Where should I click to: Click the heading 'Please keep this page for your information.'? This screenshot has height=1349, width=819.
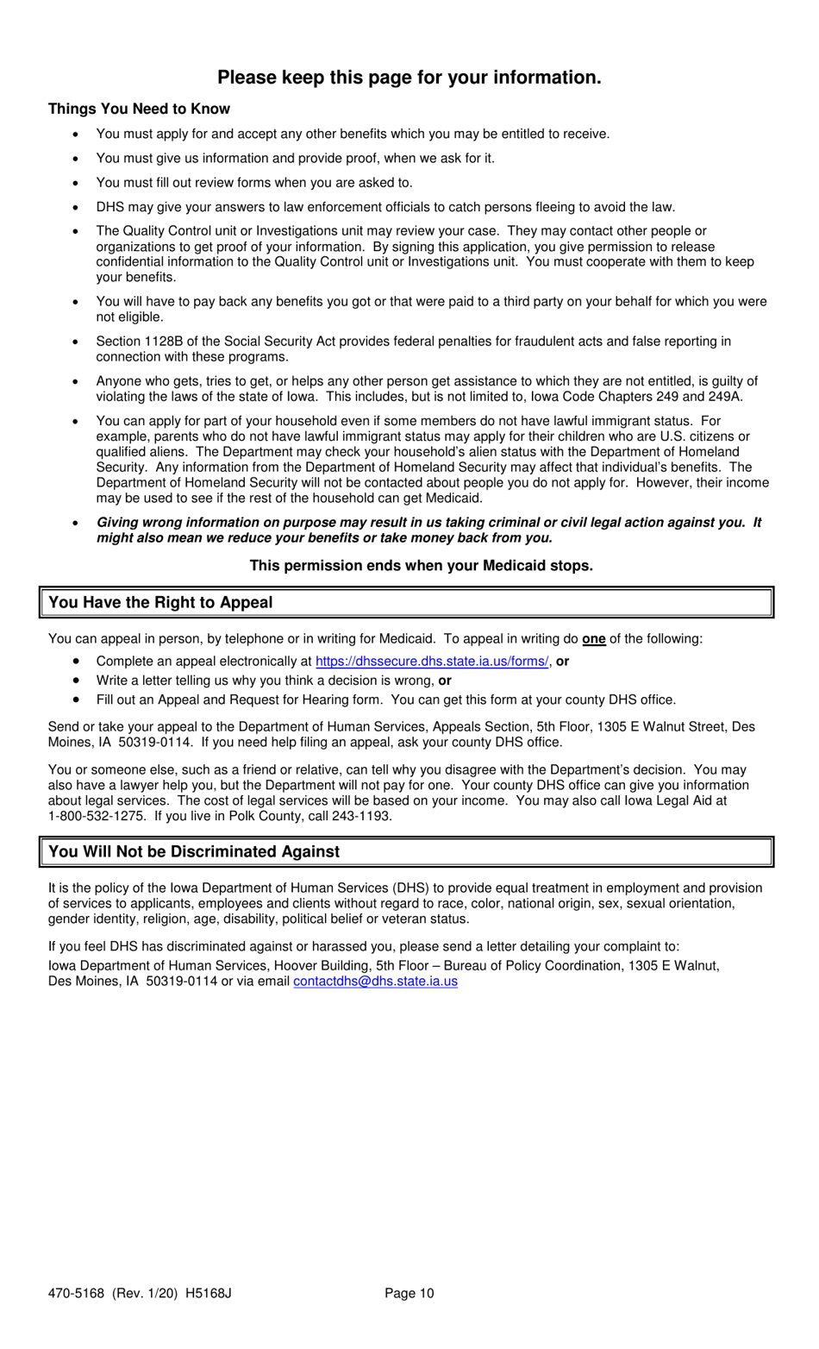point(409,78)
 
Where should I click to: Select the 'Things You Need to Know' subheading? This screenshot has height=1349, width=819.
point(139,109)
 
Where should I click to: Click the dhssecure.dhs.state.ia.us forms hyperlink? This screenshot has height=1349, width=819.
point(431,662)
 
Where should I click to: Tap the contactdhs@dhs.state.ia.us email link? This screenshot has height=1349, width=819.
point(375,982)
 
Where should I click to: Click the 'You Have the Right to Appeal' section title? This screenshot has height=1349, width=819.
point(160,603)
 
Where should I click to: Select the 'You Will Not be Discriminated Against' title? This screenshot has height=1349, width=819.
point(194,852)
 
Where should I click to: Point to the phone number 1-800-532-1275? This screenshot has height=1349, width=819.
point(96,816)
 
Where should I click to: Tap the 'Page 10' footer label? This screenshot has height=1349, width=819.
point(409,1293)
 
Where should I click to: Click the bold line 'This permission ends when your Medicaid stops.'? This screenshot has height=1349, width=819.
point(421,566)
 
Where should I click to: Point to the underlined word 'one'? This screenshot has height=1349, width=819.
point(593,639)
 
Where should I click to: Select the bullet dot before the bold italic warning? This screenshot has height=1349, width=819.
point(77,524)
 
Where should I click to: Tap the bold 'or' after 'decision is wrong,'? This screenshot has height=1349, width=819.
point(445,681)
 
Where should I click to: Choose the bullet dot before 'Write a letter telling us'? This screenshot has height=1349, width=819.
point(77,681)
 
